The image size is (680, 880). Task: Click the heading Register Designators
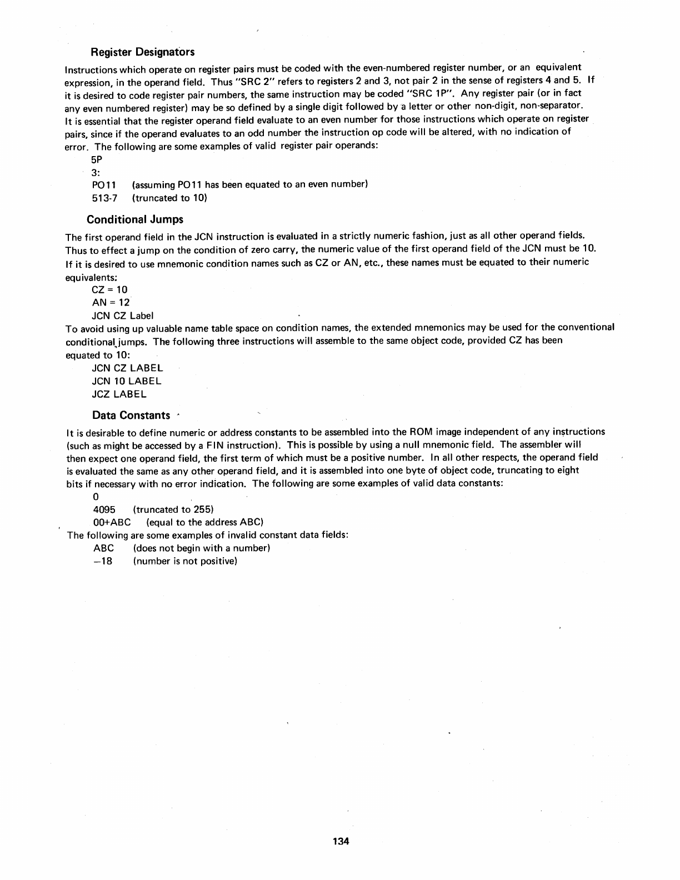point(142,52)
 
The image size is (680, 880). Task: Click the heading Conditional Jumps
point(135,219)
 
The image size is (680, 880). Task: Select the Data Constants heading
point(131,415)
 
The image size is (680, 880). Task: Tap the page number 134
point(341,842)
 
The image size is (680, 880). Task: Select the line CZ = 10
point(109,289)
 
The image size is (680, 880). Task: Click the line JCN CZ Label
point(122,316)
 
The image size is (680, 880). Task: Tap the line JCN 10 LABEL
point(127,381)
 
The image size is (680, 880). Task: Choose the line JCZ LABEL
point(119,394)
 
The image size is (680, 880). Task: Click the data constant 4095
point(104,509)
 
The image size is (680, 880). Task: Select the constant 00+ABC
point(112,522)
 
